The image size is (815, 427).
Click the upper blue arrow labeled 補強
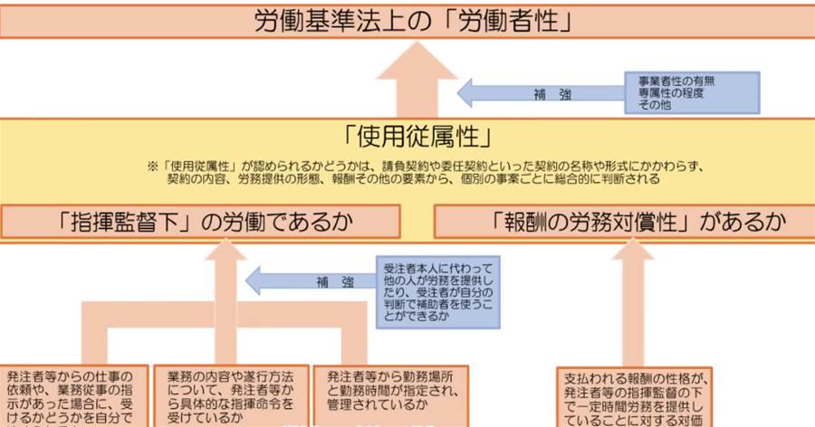(544, 92)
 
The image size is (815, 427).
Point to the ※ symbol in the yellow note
(153, 167)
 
